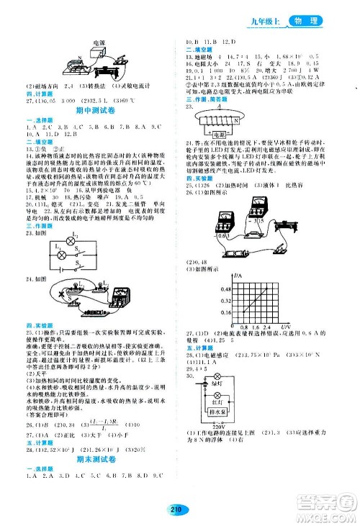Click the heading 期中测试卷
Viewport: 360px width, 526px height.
(92, 111)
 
